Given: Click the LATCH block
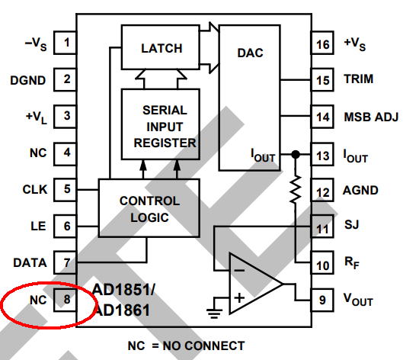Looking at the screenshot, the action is tap(161, 47).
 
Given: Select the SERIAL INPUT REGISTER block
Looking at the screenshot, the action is tap(161, 124).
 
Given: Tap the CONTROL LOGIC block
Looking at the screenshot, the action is tap(149, 207).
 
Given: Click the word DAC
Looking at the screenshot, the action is tap(250, 53).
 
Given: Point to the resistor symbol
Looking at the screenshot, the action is tap(296, 189).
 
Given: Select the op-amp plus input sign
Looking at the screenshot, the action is tap(239, 297).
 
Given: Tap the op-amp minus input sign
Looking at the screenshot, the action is tap(239, 270).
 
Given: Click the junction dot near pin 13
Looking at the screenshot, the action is tap(296, 154).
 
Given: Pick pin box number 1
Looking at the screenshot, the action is tap(66, 43).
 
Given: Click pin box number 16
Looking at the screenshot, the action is tap(322, 43).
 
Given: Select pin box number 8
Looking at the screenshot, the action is tap(66, 300).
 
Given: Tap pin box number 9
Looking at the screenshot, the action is tap(322, 300).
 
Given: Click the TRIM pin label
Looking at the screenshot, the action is tap(359, 79).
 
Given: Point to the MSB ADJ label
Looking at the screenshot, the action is tap(371, 117).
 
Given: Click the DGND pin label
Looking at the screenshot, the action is tap(27, 80).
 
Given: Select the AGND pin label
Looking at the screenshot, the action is tap(360, 191).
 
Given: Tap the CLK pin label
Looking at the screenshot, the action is tap(35, 190).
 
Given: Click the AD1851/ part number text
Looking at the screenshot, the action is tap(124, 290).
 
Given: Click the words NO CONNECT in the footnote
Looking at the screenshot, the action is tap(203, 346).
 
